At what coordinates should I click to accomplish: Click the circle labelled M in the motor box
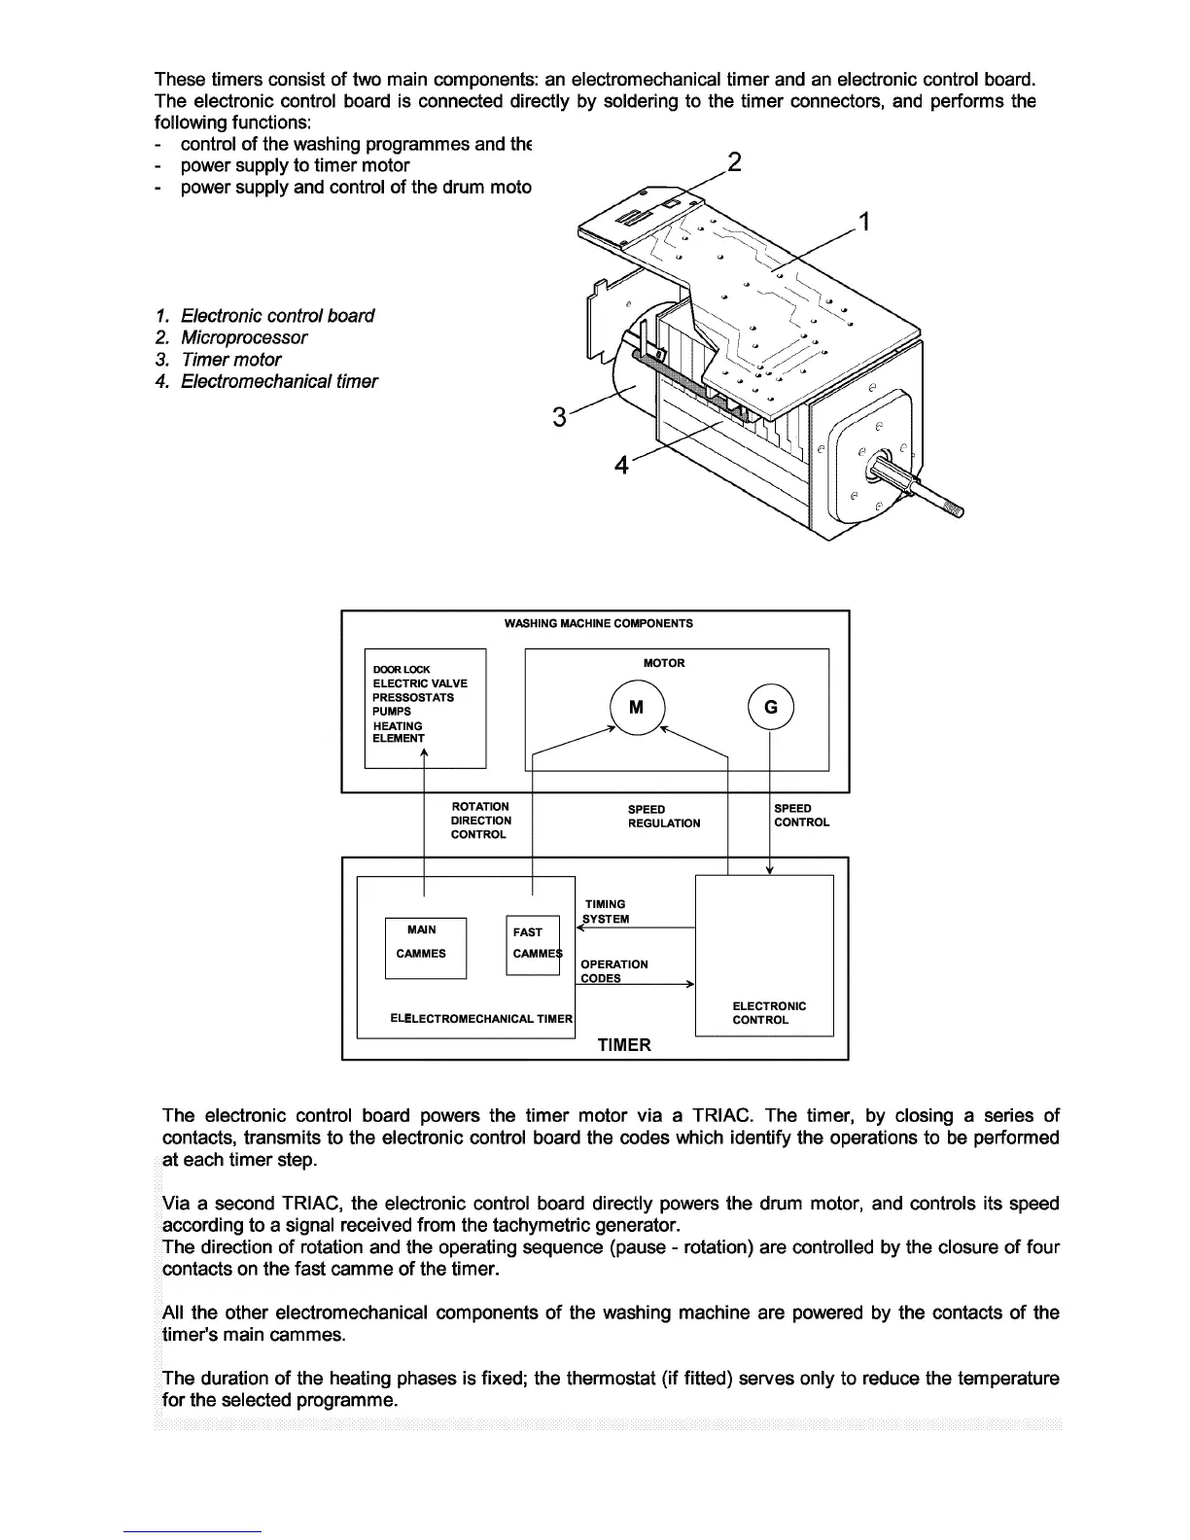(636, 708)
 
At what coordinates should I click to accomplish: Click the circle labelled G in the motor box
(771, 708)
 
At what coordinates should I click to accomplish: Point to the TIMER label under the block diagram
(624, 1045)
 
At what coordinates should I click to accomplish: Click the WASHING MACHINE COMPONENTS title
(598, 623)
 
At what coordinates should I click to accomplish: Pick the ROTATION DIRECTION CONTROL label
(480, 821)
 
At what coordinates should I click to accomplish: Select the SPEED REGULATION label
(663, 817)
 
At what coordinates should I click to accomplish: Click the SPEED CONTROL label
(801, 816)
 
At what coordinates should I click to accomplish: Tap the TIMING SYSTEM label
(606, 912)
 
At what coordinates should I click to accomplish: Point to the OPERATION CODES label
(613, 971)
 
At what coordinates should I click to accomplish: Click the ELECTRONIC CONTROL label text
(769, 1013)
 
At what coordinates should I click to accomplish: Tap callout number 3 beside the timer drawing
(559, 418)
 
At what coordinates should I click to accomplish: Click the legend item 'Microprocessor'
(243, 338)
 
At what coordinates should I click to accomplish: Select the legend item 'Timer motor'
(230, 360)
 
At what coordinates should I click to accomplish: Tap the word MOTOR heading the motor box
(664, 663)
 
